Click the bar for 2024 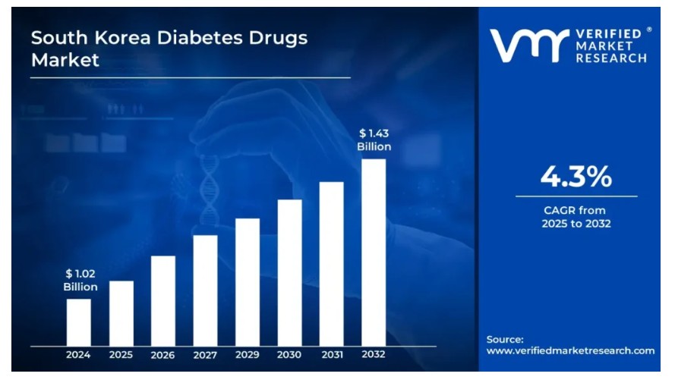click(x=78, y=322)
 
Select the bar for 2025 click(x=121, y=313)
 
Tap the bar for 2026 click(x=163, y=300)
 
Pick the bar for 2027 click(x=205, y=290)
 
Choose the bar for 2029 click(x=248, y=282)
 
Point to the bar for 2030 click(x=289, y=273)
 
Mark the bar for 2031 click(x=331, y=264)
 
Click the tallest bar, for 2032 click(x=374, y=252)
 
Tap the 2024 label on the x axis click(x=78, y=355)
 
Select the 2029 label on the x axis click(x=248, y=355)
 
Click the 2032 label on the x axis click(x=374, y=355)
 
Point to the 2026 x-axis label click(x=163, y=355)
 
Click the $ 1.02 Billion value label click(x=80, y=280)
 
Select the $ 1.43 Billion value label click(x=374, y=140)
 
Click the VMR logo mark click(x=528, y=45)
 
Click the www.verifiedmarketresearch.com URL click(x=570, y=350)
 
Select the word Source click(x=505, y=339)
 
